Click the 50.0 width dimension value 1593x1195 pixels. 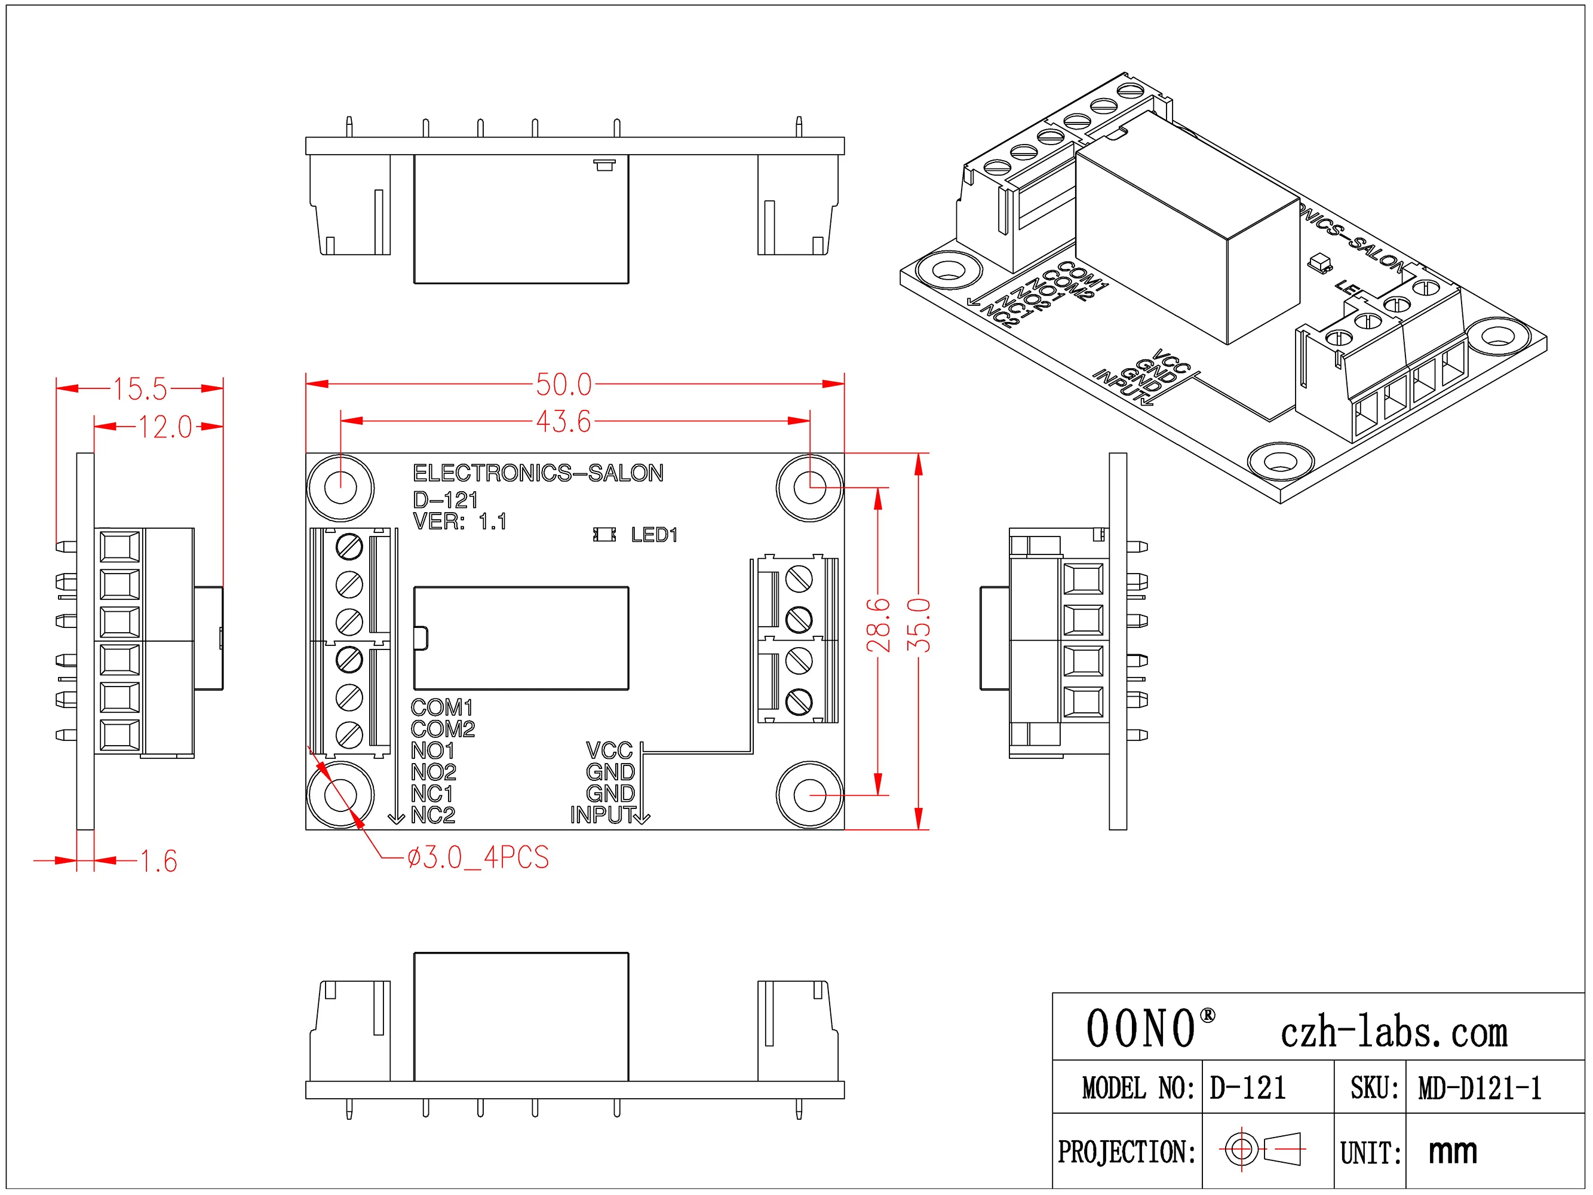point(563,385)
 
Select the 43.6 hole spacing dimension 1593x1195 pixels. point(563,421)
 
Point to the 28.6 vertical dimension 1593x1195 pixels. point(879,625)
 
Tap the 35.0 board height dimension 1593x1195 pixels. point(919,625)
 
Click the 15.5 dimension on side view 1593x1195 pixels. point(140,389)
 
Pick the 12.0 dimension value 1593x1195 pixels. point(165,427)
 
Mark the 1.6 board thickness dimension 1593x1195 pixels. point(158,862)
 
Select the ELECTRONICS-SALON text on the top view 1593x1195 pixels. point(538,473)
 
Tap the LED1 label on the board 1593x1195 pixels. point(654,535)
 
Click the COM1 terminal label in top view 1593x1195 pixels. point(441,707)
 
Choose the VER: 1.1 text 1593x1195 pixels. point(459,522)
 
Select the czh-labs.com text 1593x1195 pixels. point(1394,1033)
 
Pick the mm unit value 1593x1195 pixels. point(1453,1151)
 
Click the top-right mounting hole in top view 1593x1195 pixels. point(809,488)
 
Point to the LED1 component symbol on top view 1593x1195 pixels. point(604,535)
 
